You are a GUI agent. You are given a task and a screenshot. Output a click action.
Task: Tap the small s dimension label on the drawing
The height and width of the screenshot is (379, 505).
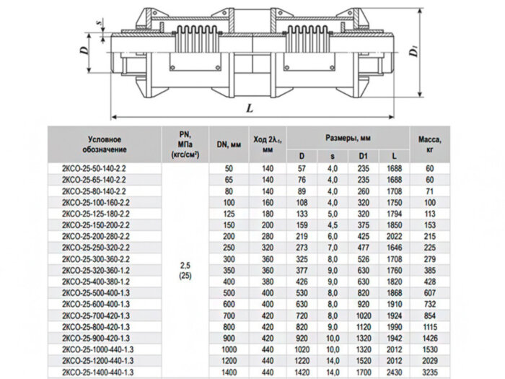tap(98, 22)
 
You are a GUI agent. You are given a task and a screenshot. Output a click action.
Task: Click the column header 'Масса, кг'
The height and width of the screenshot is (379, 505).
tap(430, 140)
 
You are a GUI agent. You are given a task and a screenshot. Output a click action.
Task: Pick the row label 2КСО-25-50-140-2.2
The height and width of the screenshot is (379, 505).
tap(95, 167)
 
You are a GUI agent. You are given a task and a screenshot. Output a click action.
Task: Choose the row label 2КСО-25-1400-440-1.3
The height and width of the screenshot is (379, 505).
tap(100, 371)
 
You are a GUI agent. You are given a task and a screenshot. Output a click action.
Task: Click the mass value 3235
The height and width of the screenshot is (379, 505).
tap(431, 371)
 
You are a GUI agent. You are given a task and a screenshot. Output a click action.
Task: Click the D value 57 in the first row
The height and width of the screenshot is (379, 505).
tap(302, 167)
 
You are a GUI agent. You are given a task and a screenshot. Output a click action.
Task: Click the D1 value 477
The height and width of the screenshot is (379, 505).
tap(363, 247)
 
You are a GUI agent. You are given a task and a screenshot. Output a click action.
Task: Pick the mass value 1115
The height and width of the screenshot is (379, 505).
tap(431, 326)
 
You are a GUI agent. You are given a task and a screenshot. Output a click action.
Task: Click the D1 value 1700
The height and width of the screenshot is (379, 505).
tap(363, 371)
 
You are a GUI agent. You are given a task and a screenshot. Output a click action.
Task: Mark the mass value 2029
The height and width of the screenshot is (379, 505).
tap(431, 360)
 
